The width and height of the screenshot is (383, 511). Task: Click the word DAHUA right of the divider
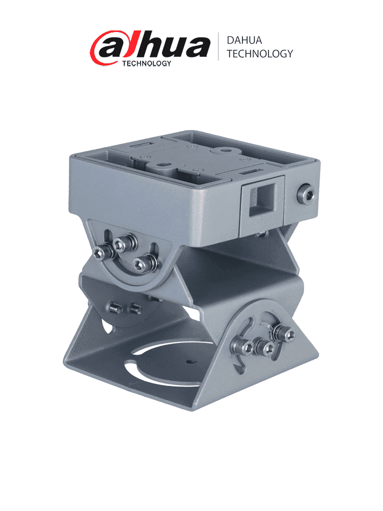(244, 40)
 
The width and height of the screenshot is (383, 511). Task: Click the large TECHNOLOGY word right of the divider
(259, 54)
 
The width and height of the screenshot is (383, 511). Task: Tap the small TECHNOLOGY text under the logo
(147, 63)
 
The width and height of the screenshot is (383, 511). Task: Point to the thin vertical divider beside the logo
(218, 46)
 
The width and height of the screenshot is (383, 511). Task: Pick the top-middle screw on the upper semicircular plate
(120, 244)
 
